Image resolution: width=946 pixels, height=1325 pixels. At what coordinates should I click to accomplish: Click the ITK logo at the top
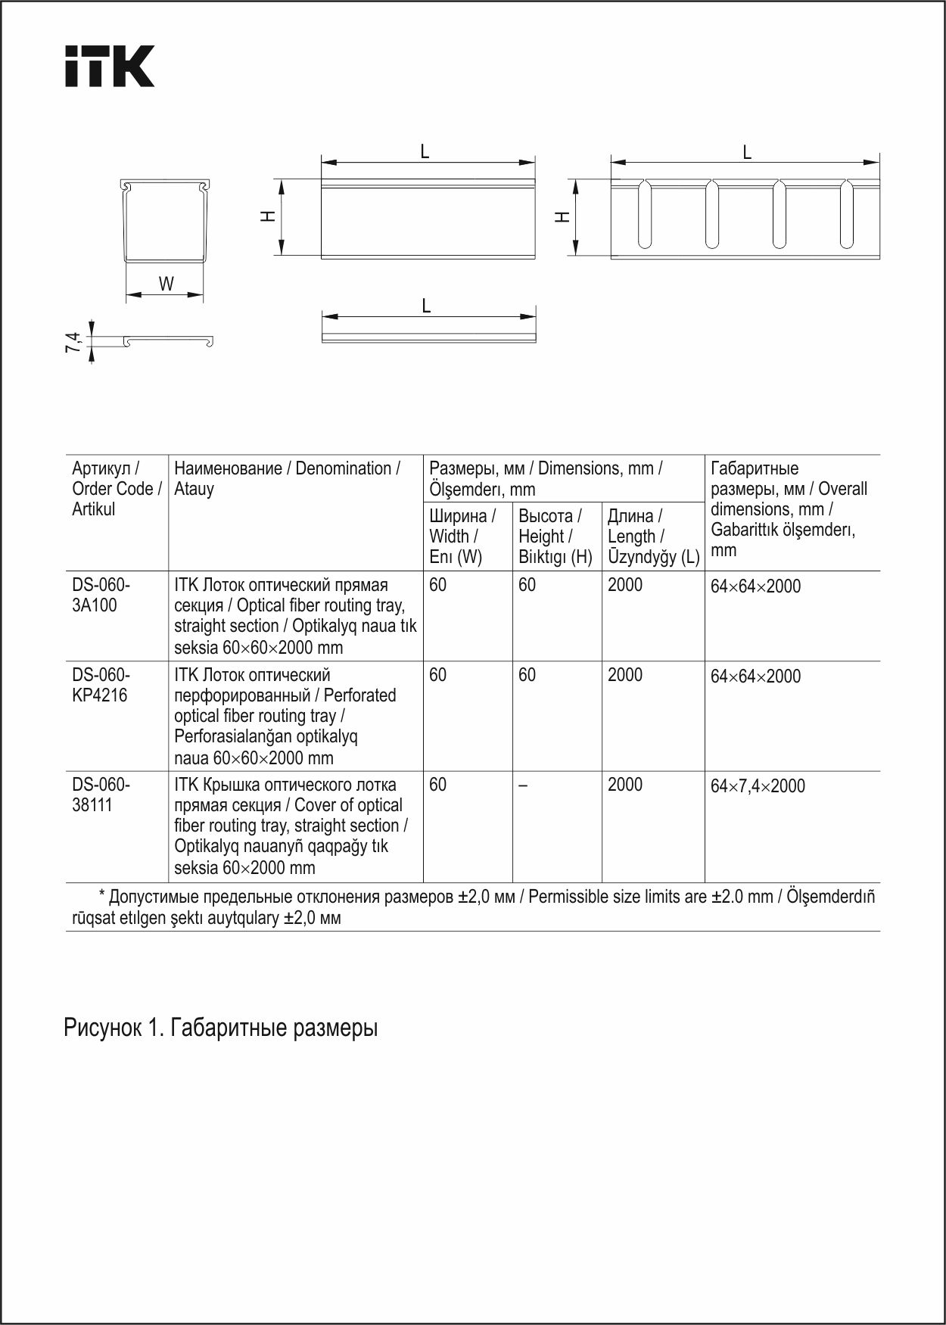point(109,66)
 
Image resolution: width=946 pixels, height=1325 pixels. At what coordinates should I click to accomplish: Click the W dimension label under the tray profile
point(166,285)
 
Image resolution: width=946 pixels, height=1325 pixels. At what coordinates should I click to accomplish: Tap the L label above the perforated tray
point(747,153)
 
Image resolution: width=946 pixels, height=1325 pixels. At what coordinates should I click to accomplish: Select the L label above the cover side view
point(426,306)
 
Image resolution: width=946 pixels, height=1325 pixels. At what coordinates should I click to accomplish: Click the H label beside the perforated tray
point(562,217)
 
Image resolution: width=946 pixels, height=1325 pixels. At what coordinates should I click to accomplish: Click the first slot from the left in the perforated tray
point(645,214)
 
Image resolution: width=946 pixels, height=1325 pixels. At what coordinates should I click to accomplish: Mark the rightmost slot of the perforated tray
point(846,214)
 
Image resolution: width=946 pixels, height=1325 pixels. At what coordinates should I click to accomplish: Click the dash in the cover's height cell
point(523,785)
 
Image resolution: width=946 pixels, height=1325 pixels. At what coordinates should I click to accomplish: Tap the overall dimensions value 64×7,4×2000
point(758,785)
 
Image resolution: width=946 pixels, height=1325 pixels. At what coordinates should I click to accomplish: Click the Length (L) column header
point(652,537)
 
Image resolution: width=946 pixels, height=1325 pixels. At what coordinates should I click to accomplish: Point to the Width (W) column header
point(462,537)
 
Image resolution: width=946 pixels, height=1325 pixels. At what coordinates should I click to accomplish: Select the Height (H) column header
point(554,537)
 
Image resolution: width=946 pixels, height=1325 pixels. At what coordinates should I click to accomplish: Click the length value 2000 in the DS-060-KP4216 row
point(624,675)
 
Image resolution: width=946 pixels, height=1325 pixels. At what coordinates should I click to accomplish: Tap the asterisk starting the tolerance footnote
point(102,897)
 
